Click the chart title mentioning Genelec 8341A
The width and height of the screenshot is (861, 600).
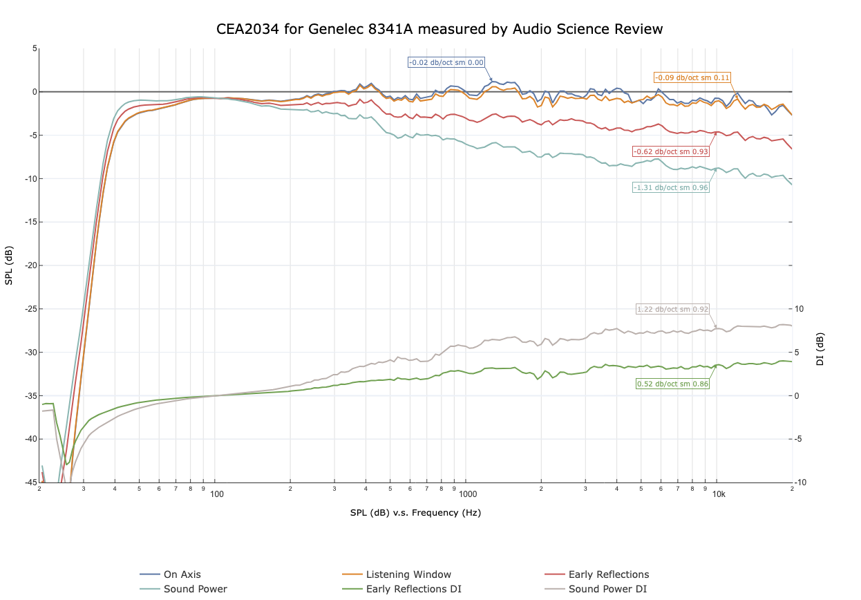439,29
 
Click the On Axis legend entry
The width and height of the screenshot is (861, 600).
182,574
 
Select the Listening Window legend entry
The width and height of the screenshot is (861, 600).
408,574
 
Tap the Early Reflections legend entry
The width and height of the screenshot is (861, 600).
608,574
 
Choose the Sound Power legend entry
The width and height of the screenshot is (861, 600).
195,589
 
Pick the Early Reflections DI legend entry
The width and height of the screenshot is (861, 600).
413,589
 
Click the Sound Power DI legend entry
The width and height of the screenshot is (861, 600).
607,589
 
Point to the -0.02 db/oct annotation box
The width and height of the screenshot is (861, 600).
446,62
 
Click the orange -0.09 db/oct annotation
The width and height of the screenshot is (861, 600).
692,77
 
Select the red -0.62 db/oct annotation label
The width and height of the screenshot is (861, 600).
671,151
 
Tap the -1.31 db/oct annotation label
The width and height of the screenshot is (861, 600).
671,187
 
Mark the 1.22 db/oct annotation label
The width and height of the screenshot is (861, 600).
672,309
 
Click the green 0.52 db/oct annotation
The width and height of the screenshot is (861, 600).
672,384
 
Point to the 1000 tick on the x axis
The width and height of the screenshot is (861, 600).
468,494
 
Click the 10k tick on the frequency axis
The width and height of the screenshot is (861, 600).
719,494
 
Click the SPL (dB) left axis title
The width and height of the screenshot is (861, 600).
9,265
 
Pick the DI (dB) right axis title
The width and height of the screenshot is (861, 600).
820,348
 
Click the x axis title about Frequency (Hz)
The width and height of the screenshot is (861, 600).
415,513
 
